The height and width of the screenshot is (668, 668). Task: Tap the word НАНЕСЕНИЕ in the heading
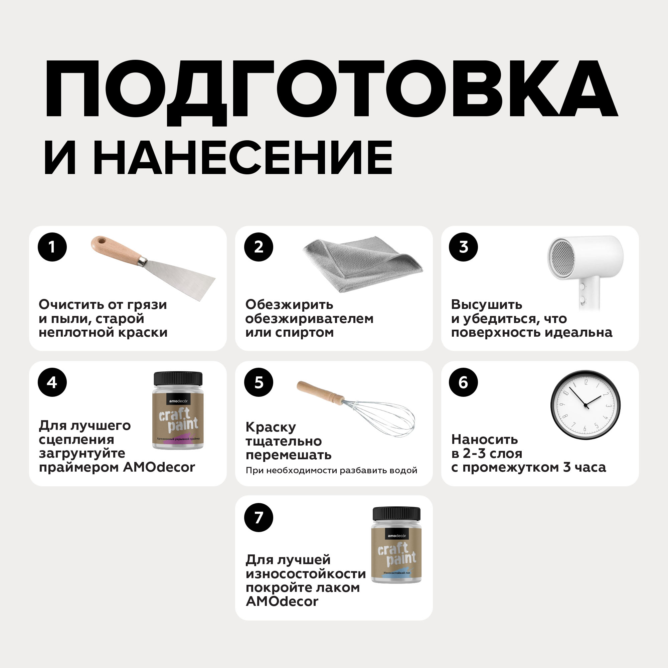[243, 158]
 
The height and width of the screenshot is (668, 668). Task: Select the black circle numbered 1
[52, 247]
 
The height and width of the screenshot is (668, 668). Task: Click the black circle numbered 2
[258, 247]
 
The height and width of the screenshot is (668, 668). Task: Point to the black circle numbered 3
[463, 247]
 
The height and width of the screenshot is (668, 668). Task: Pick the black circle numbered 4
[52, 382]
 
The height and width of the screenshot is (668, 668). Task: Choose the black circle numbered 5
[258, 382]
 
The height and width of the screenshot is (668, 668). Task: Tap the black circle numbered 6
[463, 382]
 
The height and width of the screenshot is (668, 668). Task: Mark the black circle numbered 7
[258, 517]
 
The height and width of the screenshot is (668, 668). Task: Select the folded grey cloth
[362, 264]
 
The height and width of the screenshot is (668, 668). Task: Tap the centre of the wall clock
[586, 405]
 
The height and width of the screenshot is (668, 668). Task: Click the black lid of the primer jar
[178, 379]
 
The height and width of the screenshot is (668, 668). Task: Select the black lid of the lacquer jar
[396, 514]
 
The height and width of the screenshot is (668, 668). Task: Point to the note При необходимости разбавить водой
[331, 470]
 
